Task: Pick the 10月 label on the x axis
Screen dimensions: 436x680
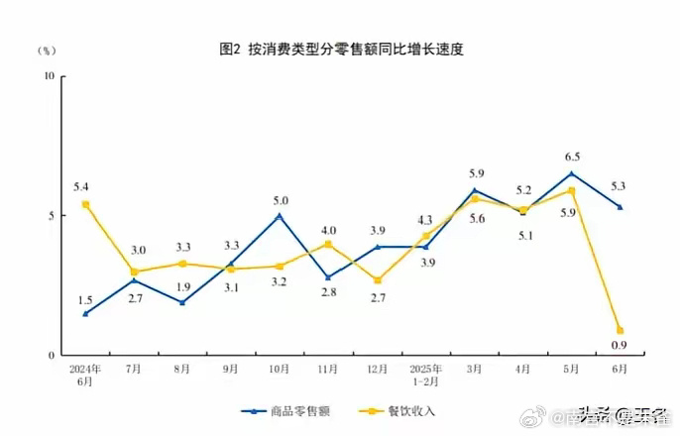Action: (x=280, y=369)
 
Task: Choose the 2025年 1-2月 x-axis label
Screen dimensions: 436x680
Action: (x=425, y=375)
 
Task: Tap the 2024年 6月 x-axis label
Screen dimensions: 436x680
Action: (x=85, y=375)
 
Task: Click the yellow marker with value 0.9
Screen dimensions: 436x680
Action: (x=621, y=330)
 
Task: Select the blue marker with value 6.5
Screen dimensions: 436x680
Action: (x=572, y=173)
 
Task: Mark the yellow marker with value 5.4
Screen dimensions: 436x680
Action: (x=86, y=204)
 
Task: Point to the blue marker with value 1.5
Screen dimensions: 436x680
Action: (x=86, y=313)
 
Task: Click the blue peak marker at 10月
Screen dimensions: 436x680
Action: (x=280, y=215)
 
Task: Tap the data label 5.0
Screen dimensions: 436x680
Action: (x=280, y=200)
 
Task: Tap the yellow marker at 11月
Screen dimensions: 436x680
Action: (x=328, y=244)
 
